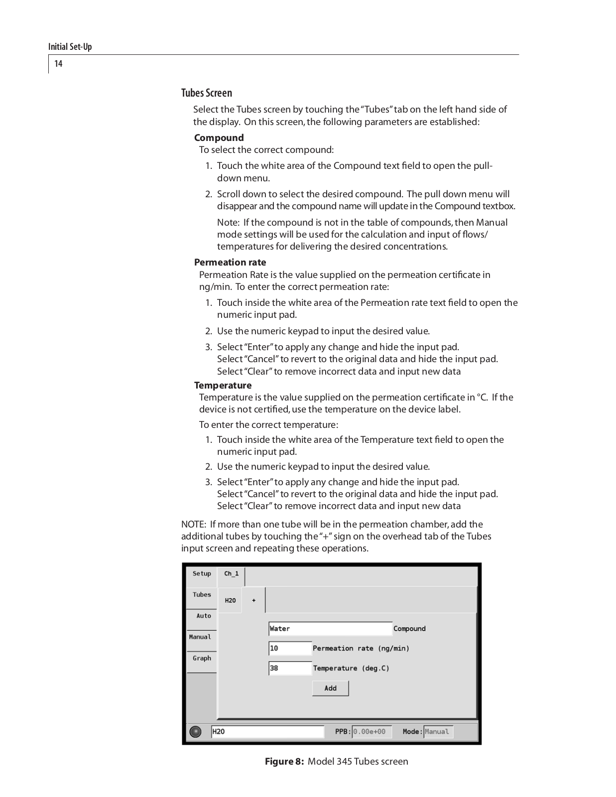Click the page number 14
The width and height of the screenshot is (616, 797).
pos(58,63)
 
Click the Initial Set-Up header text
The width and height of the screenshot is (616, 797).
pos(70,47)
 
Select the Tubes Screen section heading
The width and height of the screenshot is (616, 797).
pos(207,93)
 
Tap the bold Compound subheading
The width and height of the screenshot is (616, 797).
pos(219,138)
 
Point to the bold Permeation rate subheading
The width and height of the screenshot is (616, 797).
pos(230,263)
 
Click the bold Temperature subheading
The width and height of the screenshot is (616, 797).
pos(223,386)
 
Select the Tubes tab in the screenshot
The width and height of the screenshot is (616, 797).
pos(202,595)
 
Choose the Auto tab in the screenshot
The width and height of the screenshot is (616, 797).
pos(203,616)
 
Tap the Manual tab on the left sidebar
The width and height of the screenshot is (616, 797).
pos(200,637)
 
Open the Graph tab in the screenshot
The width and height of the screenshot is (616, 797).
pos(202,659)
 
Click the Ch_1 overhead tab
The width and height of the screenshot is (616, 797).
pos(231,574)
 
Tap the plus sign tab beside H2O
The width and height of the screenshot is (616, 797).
pos(254,601)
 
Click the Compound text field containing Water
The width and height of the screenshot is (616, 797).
pos(330,629)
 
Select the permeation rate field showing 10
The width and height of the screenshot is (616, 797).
pos(290,649)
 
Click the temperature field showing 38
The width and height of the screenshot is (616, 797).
pos(290,668)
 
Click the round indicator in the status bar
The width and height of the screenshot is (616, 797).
pos(196,732)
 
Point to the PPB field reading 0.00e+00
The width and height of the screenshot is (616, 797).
pos(371,732)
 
